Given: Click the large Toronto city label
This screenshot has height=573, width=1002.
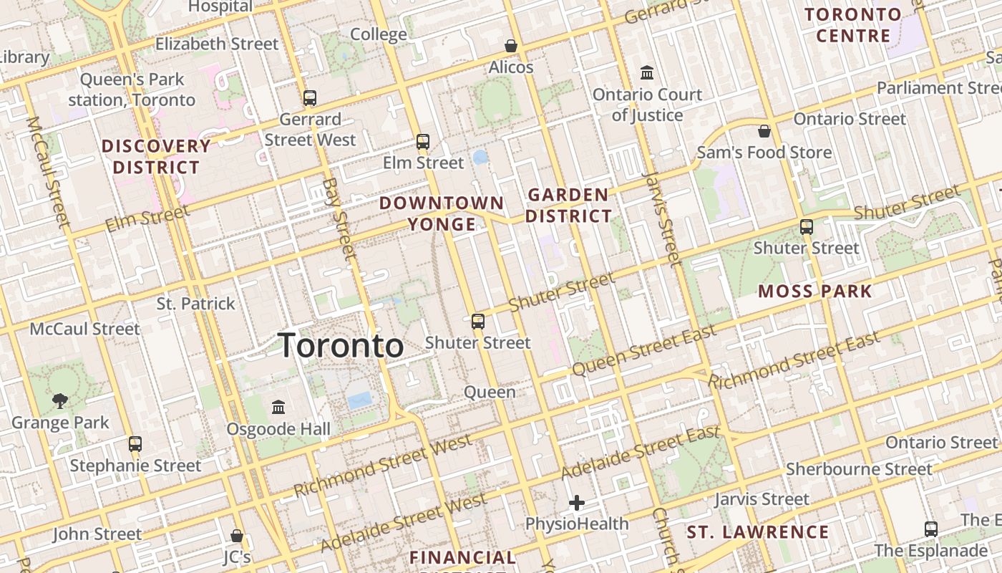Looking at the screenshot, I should [341, 346].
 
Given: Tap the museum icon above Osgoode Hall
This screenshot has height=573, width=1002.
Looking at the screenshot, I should [278, 408].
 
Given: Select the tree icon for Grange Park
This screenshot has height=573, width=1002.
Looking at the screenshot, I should [60, 401].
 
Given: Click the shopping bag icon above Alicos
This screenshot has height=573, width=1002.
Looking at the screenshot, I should [511, 46].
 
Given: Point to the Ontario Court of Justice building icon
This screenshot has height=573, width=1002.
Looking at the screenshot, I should [647, 72].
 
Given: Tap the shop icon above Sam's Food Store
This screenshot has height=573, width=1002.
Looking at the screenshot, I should [764, 131].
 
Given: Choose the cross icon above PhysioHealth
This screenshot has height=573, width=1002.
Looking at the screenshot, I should [577, 503].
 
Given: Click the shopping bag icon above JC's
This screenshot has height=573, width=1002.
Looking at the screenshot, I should [237, 536].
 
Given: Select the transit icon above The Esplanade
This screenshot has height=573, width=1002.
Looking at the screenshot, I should [931, 529].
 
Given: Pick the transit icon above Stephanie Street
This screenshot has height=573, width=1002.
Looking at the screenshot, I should [135, 444].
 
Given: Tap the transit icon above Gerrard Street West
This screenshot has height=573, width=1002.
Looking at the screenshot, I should [310, 98].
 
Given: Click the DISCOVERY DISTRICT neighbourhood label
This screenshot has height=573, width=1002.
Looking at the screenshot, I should [156, 157].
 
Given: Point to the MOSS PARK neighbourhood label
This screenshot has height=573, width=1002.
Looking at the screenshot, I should [815, 291].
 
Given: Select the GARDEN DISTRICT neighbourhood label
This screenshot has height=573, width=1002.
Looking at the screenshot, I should [569, 205].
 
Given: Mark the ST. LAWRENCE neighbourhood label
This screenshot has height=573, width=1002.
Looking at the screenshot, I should [758, 532].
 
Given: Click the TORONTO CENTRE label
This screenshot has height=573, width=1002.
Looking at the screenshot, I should [853, 25].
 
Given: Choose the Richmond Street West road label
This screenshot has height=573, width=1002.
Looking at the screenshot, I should [383, 466].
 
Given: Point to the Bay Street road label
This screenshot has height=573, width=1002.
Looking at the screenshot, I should [339, 218].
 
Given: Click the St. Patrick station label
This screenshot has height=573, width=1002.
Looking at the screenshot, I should [196, 304].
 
